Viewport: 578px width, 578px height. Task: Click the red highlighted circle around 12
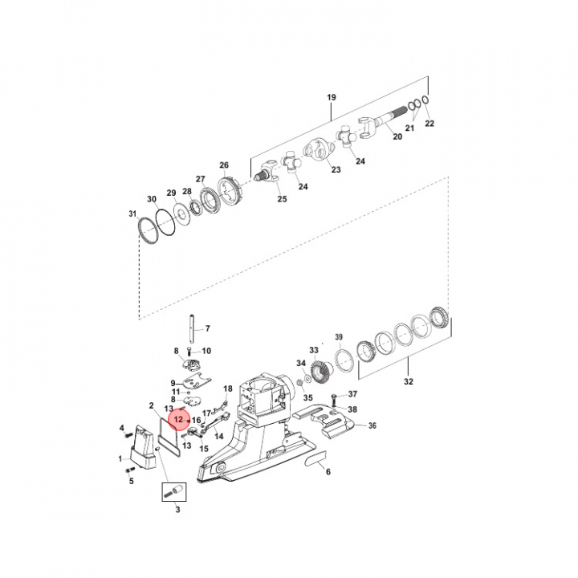179,420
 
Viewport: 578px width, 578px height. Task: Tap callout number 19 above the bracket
332,97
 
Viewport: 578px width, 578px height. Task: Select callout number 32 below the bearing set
409,381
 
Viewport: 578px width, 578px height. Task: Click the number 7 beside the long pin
208,328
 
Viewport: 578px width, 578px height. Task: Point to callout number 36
372,425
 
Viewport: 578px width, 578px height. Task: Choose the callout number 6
328,471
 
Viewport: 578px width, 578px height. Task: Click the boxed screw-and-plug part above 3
174,492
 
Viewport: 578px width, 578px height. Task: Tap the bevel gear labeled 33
320,371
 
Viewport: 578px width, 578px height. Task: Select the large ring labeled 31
148,230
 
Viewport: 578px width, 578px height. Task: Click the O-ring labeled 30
165,222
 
